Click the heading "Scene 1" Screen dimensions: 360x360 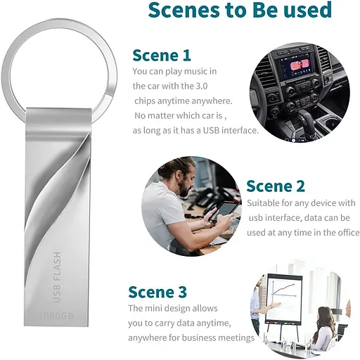(162, 55)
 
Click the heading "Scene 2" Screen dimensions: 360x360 (275, 186)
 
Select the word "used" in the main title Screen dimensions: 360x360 (304, 11)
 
